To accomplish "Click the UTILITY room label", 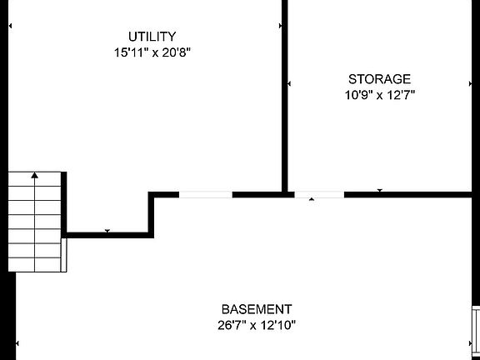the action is pyautogui.click(x=152, y=37).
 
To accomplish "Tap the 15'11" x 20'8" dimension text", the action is pyautogui.click(x=152, y=52).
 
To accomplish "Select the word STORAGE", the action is pyautogui.click(x=380, y=79).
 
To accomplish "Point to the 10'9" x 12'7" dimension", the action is pyautogui.click(x=380, y=95).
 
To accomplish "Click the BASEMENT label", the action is pyautogui.click(x=257, y=309).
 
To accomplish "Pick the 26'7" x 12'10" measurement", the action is pyautogui.click(x=257, y=325).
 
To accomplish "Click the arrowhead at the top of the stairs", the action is pyautogui.click(x=35, y=175).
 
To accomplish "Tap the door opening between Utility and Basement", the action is pyautogui.click(x=205, y=195).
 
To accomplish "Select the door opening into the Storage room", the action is pyautogui.click(x=319, y=195).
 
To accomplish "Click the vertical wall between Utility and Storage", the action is pyautogui.click(x=284, y=96).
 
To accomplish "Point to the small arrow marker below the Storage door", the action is pyautogui.click(x=312, y=199).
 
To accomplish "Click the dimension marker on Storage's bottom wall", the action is pyautogui.click(x=380, y=190).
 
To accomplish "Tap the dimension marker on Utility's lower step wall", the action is pyautogui.click(x=107, y=231).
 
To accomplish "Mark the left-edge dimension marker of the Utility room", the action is pyautogui.click(x=10, y=26).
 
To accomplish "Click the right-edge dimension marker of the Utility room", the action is pyautogui.click(x=280, y=26).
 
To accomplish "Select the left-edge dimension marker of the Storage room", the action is pyautogui.click(x=289, y=83).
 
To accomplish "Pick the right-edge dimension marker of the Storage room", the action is pyautogui.click(x=470, y=83).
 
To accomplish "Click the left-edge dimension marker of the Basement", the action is pyautogui.click(x=17, y=343).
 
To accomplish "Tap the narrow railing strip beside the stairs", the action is pyautogui.click(x=63, y=255).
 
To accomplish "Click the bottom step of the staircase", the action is pyautogui.click(x=35, y=265).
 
